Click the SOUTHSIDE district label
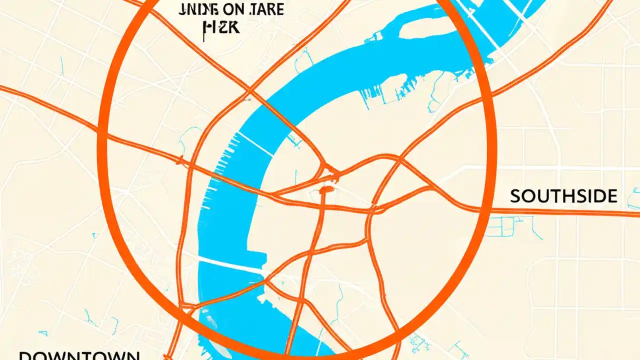563,196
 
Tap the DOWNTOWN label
79,355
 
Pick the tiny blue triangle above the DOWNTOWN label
42,333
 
